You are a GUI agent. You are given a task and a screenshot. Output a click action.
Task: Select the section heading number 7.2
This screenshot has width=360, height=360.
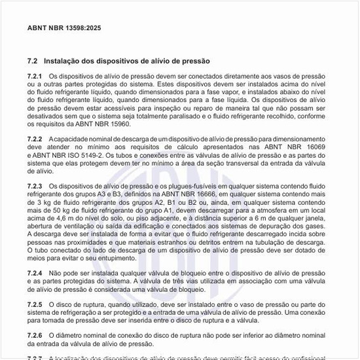(32, 61)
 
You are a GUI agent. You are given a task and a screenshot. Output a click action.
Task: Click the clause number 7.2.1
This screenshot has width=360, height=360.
(35, 77)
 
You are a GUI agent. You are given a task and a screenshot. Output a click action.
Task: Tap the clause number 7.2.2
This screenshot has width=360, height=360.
(35, 139)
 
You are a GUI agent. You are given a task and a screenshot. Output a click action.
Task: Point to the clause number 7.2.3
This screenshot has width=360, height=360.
(35, 186)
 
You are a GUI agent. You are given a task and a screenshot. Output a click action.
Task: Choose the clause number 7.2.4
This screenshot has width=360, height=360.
(35, 272)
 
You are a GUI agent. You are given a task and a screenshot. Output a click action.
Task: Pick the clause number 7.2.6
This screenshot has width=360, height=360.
(35, 334)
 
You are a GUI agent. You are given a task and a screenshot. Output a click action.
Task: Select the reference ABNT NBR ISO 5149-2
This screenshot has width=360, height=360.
(67, 155)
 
